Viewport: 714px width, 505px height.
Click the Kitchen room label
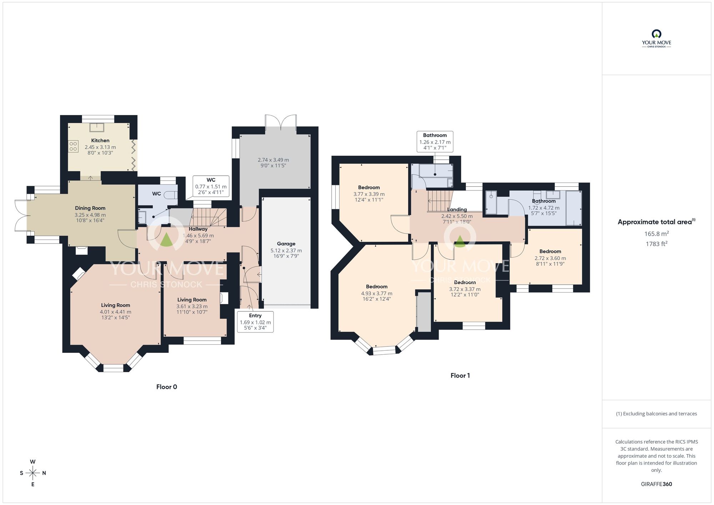pyautogui.click(x=100, y=140)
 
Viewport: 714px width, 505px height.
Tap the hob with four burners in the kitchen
pyautogui.click(x=73, y=146)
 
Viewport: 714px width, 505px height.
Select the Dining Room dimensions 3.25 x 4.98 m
pyautogui.click(x=90, y=215)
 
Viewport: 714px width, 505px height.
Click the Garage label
pyautogui.click(x=286, y=244)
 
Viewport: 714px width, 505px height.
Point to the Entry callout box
pyautogui.click(x=255, y=321)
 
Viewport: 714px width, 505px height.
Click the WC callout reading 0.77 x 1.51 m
pyautogui.click(x=211, y=186)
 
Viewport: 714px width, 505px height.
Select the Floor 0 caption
pyautogui.click(x=166, y=387)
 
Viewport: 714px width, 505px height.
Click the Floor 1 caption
pyautogui.click(x=460, y=375)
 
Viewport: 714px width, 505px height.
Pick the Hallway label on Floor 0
pyautogui.click(x=198, y=229)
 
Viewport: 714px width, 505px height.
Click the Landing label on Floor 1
pyautogui.click(x=457, y=210)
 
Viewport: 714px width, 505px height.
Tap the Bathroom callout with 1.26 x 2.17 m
pyautogui.click(x=435, y=141)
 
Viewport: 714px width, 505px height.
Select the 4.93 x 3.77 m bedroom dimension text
pyautogui.click(x=376, y=293)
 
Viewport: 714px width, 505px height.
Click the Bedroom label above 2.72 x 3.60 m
pyautogui.click(x=550, y=251)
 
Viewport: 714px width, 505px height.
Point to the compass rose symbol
pyautogui.click(x=33, y=473)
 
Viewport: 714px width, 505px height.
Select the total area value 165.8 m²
pyautogui.click(x=656, y=234)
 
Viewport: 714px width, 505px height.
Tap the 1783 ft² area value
pyautogui.click(x=656, y=244)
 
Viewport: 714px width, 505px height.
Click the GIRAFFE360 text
pyautogui.click(x=656, y=484)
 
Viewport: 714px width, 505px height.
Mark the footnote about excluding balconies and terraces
pyautogui.click(x=656, y=414)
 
